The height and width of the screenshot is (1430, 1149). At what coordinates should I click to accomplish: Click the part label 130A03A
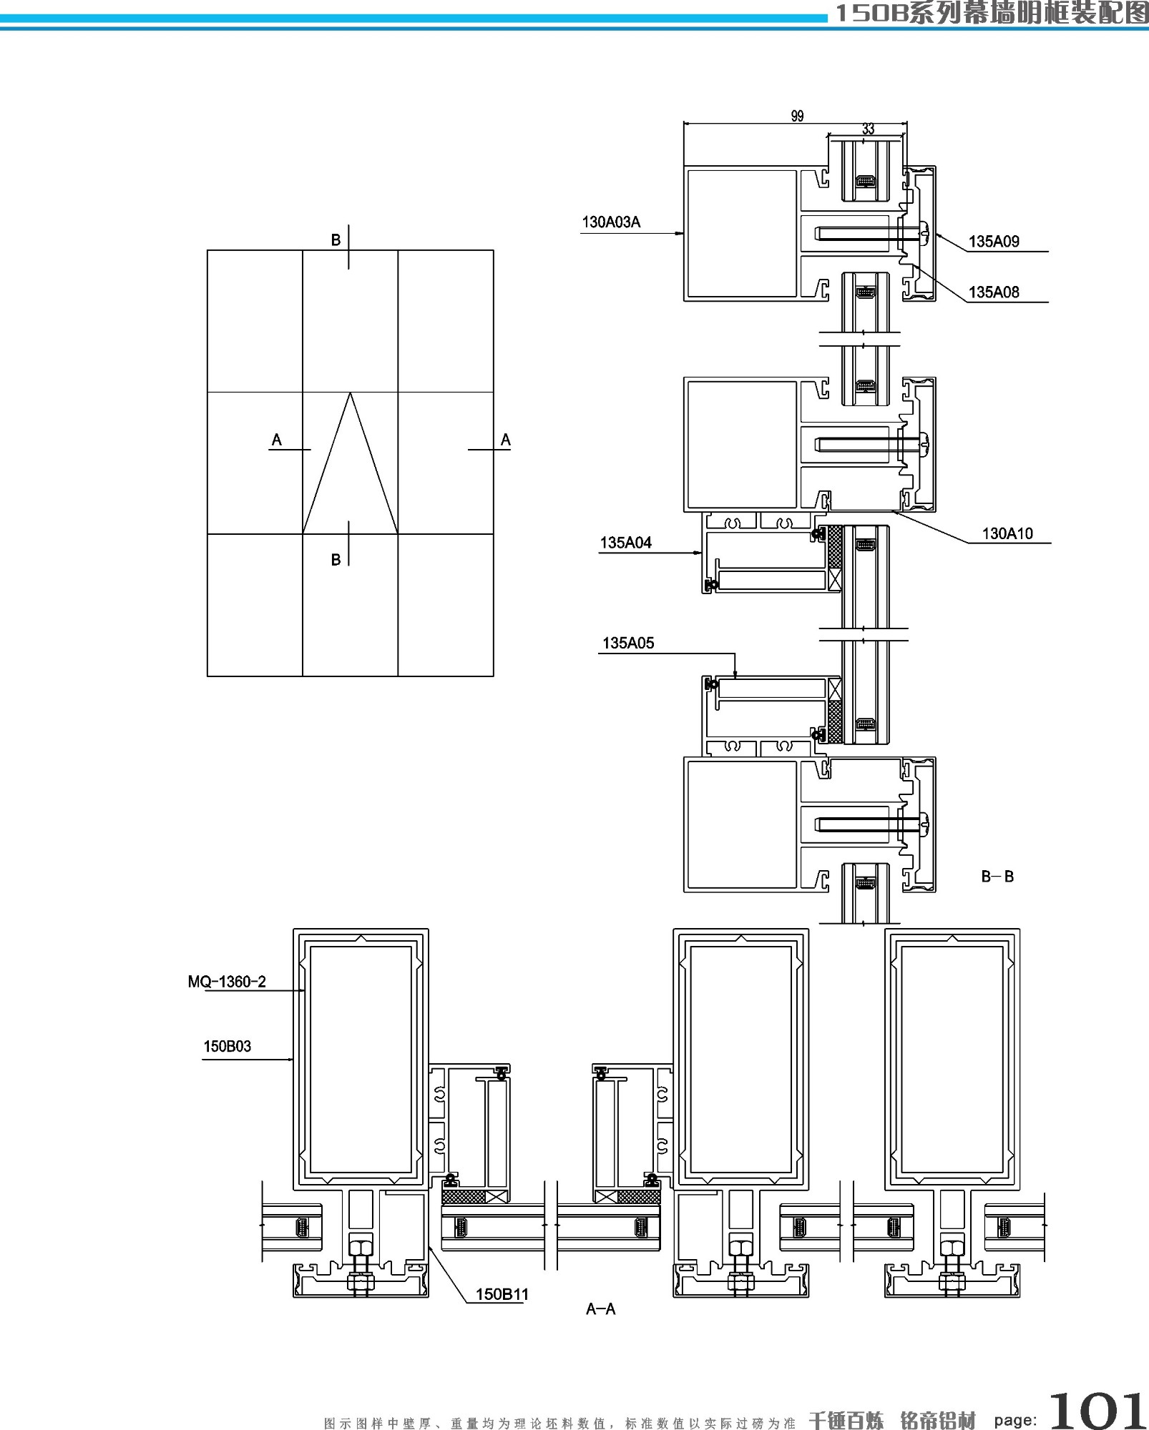tap(611, 222)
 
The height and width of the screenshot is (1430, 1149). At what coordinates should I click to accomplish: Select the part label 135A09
tap(994, 242)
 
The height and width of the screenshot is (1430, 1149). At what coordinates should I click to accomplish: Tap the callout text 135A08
tap(994, 292)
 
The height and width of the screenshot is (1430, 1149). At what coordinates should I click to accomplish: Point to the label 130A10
tap(1007, 533)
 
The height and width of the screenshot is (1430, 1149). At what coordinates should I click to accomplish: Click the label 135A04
tap(626, 543)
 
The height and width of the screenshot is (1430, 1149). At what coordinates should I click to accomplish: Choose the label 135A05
tap(628, 643)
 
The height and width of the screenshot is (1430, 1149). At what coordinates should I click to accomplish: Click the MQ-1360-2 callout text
tap(227, 982)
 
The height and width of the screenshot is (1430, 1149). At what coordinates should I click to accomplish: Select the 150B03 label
tap(228, 1047)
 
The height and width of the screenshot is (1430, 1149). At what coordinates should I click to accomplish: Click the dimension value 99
tap(797, 116)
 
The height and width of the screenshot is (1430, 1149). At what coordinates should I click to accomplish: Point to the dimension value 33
tap(868, 129)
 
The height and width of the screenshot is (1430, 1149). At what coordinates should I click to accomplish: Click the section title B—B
tap(997, 877)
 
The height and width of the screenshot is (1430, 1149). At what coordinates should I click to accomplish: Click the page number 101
tap(1097, 1410)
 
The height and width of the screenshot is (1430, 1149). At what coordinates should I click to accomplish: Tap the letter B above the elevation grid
tap(336, 240)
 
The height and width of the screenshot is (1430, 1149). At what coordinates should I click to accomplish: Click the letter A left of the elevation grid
tap(277, 440)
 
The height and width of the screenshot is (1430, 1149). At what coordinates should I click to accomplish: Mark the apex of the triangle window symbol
tap(350, 393)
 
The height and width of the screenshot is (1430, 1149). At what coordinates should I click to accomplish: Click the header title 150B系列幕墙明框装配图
tap(991, 13)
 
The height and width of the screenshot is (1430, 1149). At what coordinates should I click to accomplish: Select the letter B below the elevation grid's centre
tap(336, 560)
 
